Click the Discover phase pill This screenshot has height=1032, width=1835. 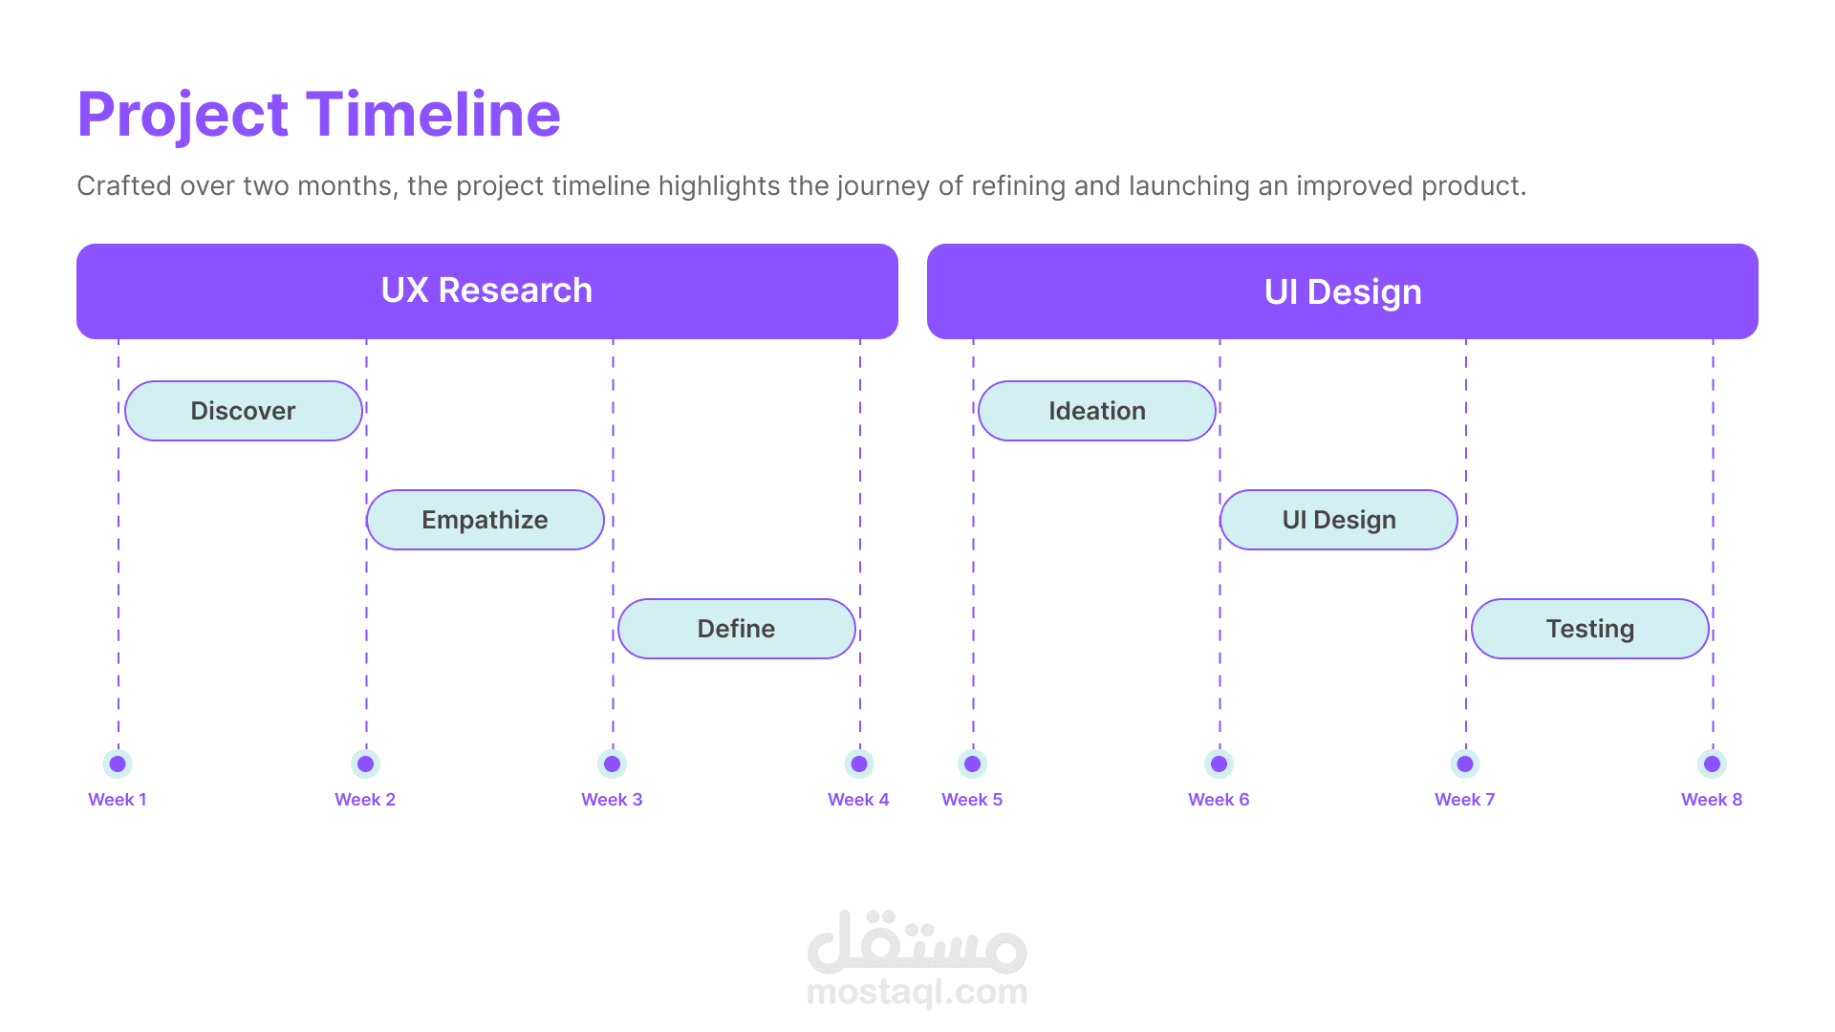pyautogui.click(x=244, y=411)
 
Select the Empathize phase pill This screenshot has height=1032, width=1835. pyautogui.click(x=486, y=520)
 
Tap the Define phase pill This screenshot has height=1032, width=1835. pyautogui.click(x=737, y=629)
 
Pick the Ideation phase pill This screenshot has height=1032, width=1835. pyautogui.click(x=1097, y=411)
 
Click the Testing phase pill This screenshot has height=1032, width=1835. pyautogui.click(x=1590, y=629)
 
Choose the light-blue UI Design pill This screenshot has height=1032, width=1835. pyautogui.click(x=1339, y=520)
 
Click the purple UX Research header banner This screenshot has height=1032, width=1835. pyautogui.click(x=487, y=291)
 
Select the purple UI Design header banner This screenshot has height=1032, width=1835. pyautogui.click(x=1343, y=291)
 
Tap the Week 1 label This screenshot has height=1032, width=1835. pyautogui.click(x=118, y=800)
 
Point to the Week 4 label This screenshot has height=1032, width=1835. pyautogui.click(x=858, y=800)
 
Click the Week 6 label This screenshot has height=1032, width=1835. pyautogui.click(x=1219, y=800)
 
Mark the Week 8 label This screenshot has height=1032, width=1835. pyautogui.click(x=1712, y=800)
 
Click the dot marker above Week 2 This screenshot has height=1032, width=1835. pyautogui.click(x=365, y=763)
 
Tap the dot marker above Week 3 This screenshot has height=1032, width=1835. pyautogui.click(x=612, y=763)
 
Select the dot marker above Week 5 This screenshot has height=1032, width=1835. pyautogui.click(x=972, y=763)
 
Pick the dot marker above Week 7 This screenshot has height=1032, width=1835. pyautogui.click(x=1465, y=763)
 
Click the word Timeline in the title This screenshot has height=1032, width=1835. pyautogui.click(x=433, y=115)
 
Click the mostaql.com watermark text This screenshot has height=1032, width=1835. pyautogui.click(x=917, y=993)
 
